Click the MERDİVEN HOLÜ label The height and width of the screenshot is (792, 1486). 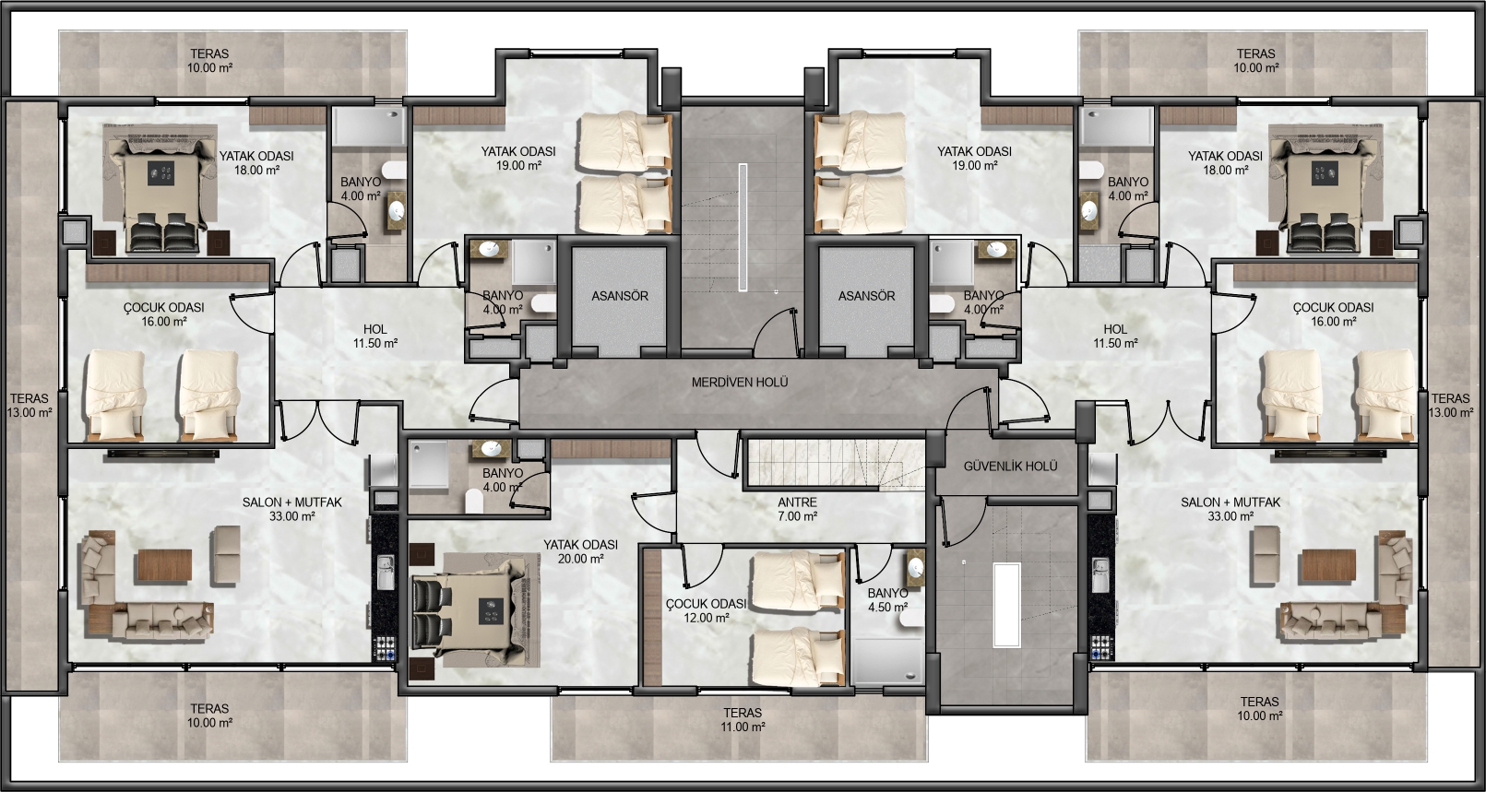[740, 382]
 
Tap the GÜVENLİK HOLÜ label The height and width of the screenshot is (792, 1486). [1010, 467]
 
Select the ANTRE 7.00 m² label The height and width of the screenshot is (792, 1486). [797, 510]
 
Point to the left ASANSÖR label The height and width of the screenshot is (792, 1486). [620, 296]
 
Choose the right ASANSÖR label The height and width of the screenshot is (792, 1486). [866, 296]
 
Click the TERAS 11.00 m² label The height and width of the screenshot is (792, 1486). [743, 720]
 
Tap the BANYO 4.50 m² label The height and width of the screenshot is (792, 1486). [887, 600]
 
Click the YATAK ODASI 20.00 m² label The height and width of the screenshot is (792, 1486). [580, 552]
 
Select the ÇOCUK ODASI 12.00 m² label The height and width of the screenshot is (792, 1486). [707, 611]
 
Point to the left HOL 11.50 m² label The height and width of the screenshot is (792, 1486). [374, 337]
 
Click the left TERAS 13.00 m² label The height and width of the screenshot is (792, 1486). [30, 406]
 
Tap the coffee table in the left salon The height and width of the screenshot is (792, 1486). [165, 566]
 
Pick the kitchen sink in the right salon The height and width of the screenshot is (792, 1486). [1100, 573]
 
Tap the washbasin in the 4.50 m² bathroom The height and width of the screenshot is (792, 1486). [915, 567]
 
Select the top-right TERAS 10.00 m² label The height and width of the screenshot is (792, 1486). [1255, 60]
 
